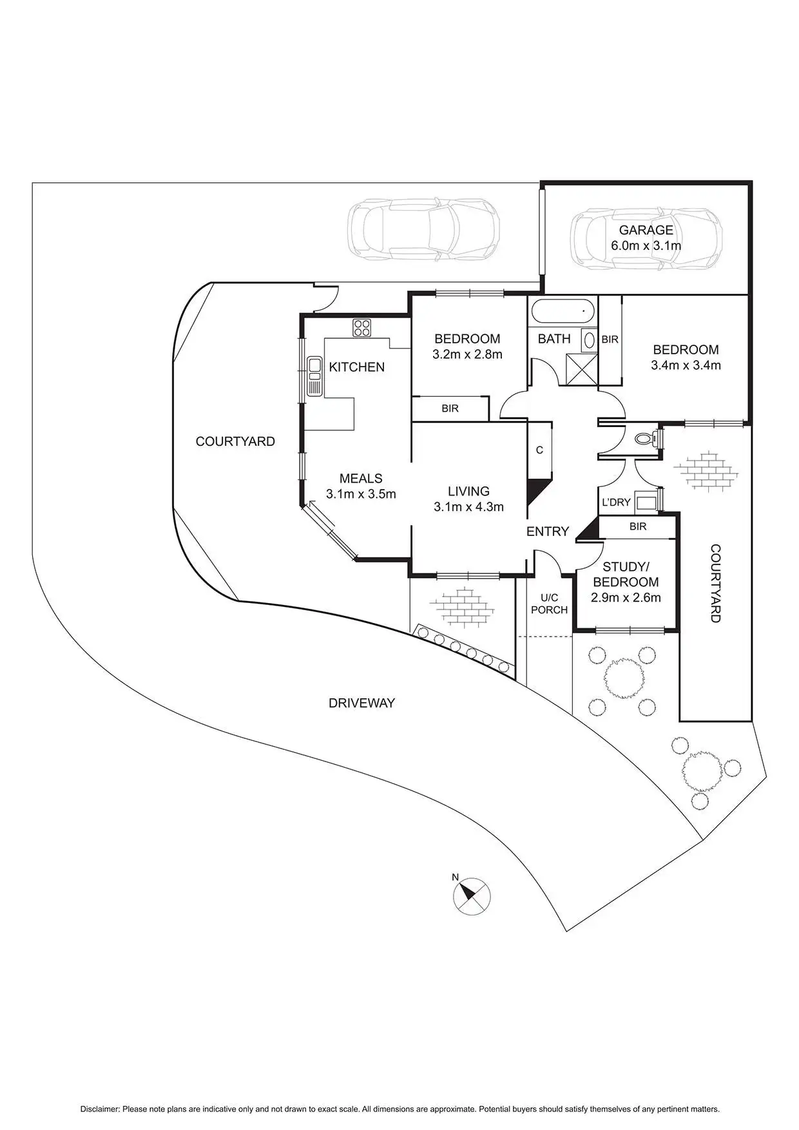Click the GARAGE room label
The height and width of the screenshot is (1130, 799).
[646, 230]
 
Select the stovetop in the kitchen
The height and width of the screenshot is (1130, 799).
[361, 327]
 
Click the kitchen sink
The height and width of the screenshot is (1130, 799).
[314, 376]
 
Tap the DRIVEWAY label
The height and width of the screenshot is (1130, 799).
[361, 703]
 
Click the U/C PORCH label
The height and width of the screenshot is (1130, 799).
[549, 604]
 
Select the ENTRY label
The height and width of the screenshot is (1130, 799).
[548, 531]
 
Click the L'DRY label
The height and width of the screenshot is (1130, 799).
[615, 502]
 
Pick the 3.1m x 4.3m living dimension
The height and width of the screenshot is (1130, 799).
[468, 507]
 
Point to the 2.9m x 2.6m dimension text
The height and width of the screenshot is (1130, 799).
[625, 597]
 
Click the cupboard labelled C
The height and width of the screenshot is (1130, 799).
[539, 450]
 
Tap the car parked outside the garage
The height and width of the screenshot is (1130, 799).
[423, 231]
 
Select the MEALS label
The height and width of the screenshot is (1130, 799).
[361, 478]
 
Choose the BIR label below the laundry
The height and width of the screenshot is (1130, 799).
[637, 526]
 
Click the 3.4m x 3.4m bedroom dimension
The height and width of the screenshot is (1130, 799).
[686, 365]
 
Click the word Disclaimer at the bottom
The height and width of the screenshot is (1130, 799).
[100, 1109]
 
